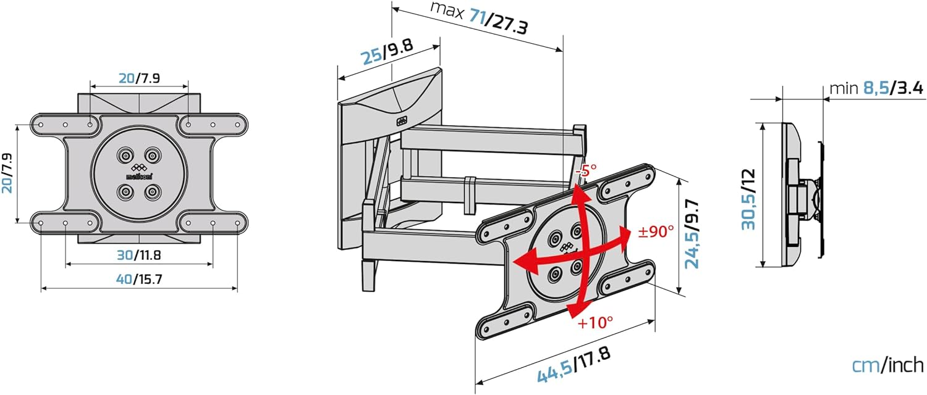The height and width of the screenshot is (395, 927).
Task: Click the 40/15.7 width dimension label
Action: (x=139, y=280)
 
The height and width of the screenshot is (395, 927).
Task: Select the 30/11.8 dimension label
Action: (x=138, y=255)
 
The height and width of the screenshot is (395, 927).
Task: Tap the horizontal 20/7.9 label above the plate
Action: (x=139, y=78)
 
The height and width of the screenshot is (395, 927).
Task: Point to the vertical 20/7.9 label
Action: (x=7, y=173)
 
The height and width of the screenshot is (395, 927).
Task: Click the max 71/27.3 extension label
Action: (x=479, y=17)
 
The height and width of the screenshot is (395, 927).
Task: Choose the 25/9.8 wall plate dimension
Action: (x=387, y=51)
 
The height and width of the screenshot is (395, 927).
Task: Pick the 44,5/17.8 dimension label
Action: (x=574, y=365)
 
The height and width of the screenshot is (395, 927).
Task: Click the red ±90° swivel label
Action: (x=656, y=231)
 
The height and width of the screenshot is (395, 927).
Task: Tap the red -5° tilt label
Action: (x=586, y=169)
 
